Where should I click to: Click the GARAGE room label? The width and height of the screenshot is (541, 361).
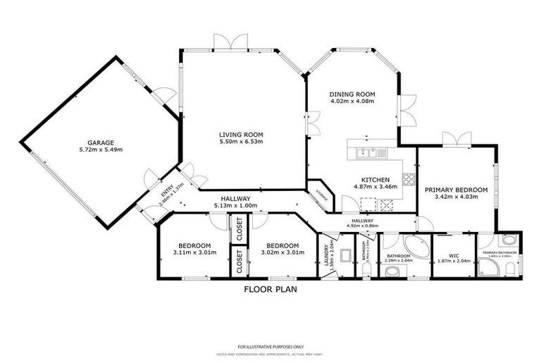coord(101,142)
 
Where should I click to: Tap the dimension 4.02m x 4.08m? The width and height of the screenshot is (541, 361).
coord(352,102)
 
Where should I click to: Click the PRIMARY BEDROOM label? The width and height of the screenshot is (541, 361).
coord(456,190)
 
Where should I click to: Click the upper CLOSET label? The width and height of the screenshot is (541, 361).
coord(239,228)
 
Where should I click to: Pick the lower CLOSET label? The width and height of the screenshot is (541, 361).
coord(239,262)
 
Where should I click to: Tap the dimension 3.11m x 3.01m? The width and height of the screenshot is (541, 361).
coord(194,252)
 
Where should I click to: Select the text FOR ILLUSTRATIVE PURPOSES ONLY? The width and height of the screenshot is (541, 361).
coord(270,347)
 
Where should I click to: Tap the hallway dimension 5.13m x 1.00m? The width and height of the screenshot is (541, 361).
coord(236,206)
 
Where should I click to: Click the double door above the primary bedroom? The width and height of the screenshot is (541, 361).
coord(452,138)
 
